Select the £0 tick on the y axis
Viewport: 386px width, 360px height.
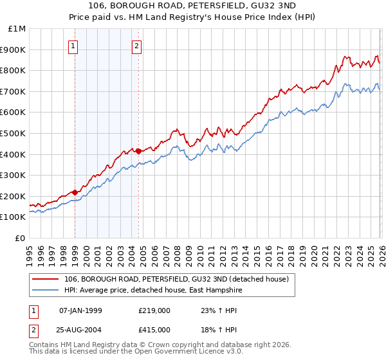21,238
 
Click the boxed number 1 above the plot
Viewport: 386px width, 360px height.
74,46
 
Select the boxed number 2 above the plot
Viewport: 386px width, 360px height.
138,46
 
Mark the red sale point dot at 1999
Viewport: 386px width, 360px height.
75,192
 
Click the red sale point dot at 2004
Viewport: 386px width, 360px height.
138,151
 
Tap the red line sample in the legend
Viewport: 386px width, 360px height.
46,279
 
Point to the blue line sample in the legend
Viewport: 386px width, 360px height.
46,290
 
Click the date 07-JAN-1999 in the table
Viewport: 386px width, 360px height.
80,310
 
